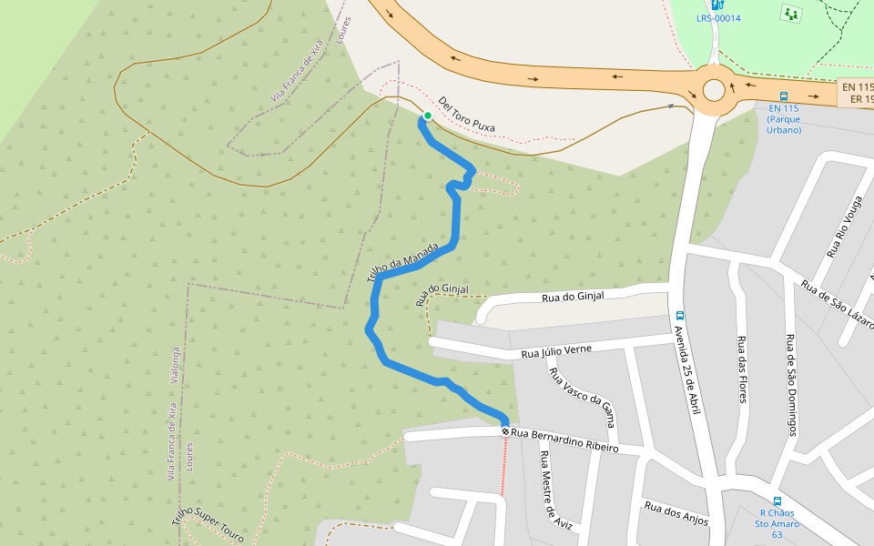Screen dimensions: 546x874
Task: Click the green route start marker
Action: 427,116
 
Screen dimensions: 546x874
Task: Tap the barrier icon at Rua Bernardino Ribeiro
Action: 505,430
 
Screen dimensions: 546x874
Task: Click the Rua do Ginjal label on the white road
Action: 573,297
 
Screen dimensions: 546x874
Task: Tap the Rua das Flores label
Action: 742,369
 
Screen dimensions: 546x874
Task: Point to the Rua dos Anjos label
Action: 676,514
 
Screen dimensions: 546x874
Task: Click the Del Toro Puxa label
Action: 466,115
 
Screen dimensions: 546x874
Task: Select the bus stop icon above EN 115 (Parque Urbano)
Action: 783,96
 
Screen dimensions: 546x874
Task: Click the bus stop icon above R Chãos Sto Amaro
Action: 777,500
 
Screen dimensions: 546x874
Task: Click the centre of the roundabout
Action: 714,89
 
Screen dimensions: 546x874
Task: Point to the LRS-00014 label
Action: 718,18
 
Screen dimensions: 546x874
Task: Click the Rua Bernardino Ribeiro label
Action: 564,440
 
